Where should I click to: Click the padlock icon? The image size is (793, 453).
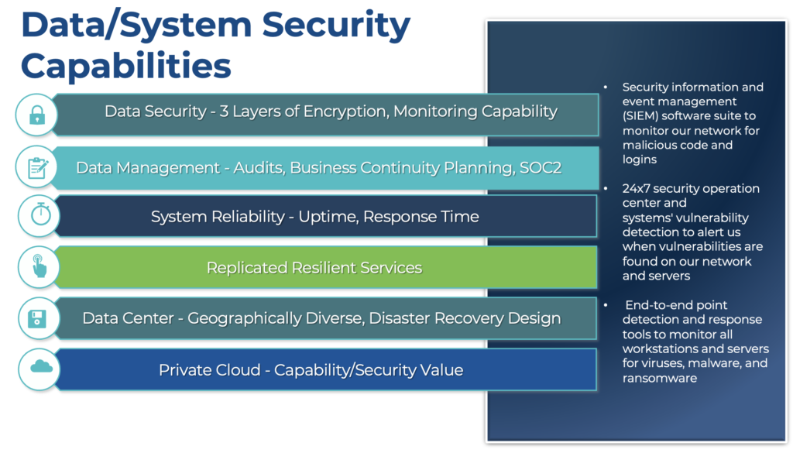37,115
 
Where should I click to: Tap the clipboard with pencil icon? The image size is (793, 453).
38,168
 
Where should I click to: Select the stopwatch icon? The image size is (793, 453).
40,214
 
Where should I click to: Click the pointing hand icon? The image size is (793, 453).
39,266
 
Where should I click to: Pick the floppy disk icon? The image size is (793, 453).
37,319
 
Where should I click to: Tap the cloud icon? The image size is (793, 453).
41,366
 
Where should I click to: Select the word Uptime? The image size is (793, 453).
328,217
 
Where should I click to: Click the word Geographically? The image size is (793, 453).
275,318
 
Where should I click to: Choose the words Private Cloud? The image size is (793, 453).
209,370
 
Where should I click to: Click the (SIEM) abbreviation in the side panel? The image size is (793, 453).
640,116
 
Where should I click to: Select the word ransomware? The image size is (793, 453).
660,378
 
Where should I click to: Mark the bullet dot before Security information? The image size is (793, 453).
606,87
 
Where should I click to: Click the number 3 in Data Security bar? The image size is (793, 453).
224,112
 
